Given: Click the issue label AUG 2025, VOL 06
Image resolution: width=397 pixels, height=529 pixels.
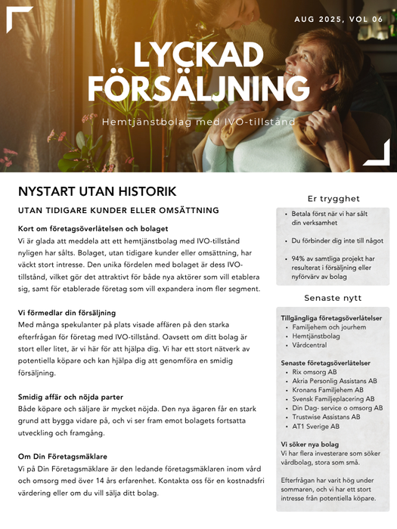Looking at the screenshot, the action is click(339, 20).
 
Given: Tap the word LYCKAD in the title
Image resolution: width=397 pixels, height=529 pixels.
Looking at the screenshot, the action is click(199, 55).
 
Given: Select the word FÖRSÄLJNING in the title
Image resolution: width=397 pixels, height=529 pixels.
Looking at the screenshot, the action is click(198, 88).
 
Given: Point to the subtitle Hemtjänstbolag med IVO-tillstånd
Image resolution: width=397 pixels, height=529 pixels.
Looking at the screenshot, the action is click(198, 121).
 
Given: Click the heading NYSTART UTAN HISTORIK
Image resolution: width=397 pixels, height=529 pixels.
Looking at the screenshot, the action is click(97, 191).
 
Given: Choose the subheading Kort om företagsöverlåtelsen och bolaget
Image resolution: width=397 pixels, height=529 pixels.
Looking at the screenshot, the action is click(93, 228).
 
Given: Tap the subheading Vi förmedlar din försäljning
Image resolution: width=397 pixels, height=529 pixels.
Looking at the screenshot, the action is click(67, 312).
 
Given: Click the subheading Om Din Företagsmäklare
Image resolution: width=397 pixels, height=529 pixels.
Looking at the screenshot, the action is click(62, 456).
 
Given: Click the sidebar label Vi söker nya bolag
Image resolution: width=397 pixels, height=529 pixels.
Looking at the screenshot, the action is click(309, 444).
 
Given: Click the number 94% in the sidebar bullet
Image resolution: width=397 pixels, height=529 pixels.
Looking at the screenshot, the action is click(299, 258).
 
